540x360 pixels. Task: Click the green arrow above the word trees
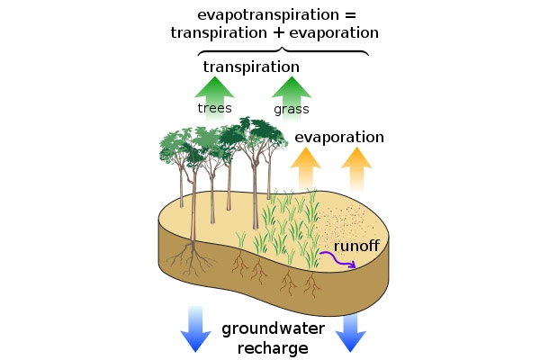[215, 91]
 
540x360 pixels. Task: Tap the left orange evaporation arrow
[305, 167]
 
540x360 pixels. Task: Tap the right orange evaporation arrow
[356, 167]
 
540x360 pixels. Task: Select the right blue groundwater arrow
[350, 333]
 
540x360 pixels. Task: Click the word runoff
[356, 245]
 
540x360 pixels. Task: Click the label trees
[215, 109]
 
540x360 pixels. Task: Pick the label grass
[291, 110]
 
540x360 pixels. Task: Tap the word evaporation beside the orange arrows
[339, 138]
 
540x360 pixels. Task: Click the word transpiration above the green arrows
[251, 67]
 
